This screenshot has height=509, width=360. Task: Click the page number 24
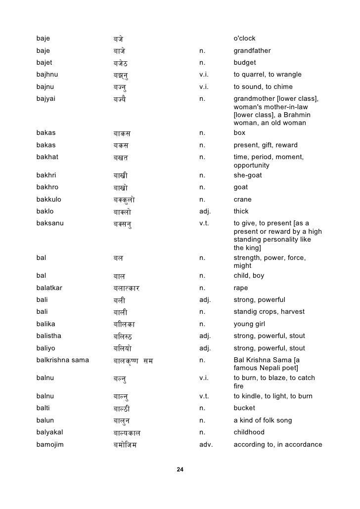point(180,469)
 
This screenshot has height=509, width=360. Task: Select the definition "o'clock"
point(244,39)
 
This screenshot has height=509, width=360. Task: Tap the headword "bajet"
point(45,63)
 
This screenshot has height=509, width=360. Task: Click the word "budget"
point(245,63)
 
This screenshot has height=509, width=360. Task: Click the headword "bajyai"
point(46,99)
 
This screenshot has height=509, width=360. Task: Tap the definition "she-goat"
point(248,175)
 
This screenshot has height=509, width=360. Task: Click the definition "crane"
point(242,200)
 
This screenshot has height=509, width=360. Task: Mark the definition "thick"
point(241,212)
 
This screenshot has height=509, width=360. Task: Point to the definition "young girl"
point(249,324)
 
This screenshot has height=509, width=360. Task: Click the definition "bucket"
point(244,408)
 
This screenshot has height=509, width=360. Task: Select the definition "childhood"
point(249,432)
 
